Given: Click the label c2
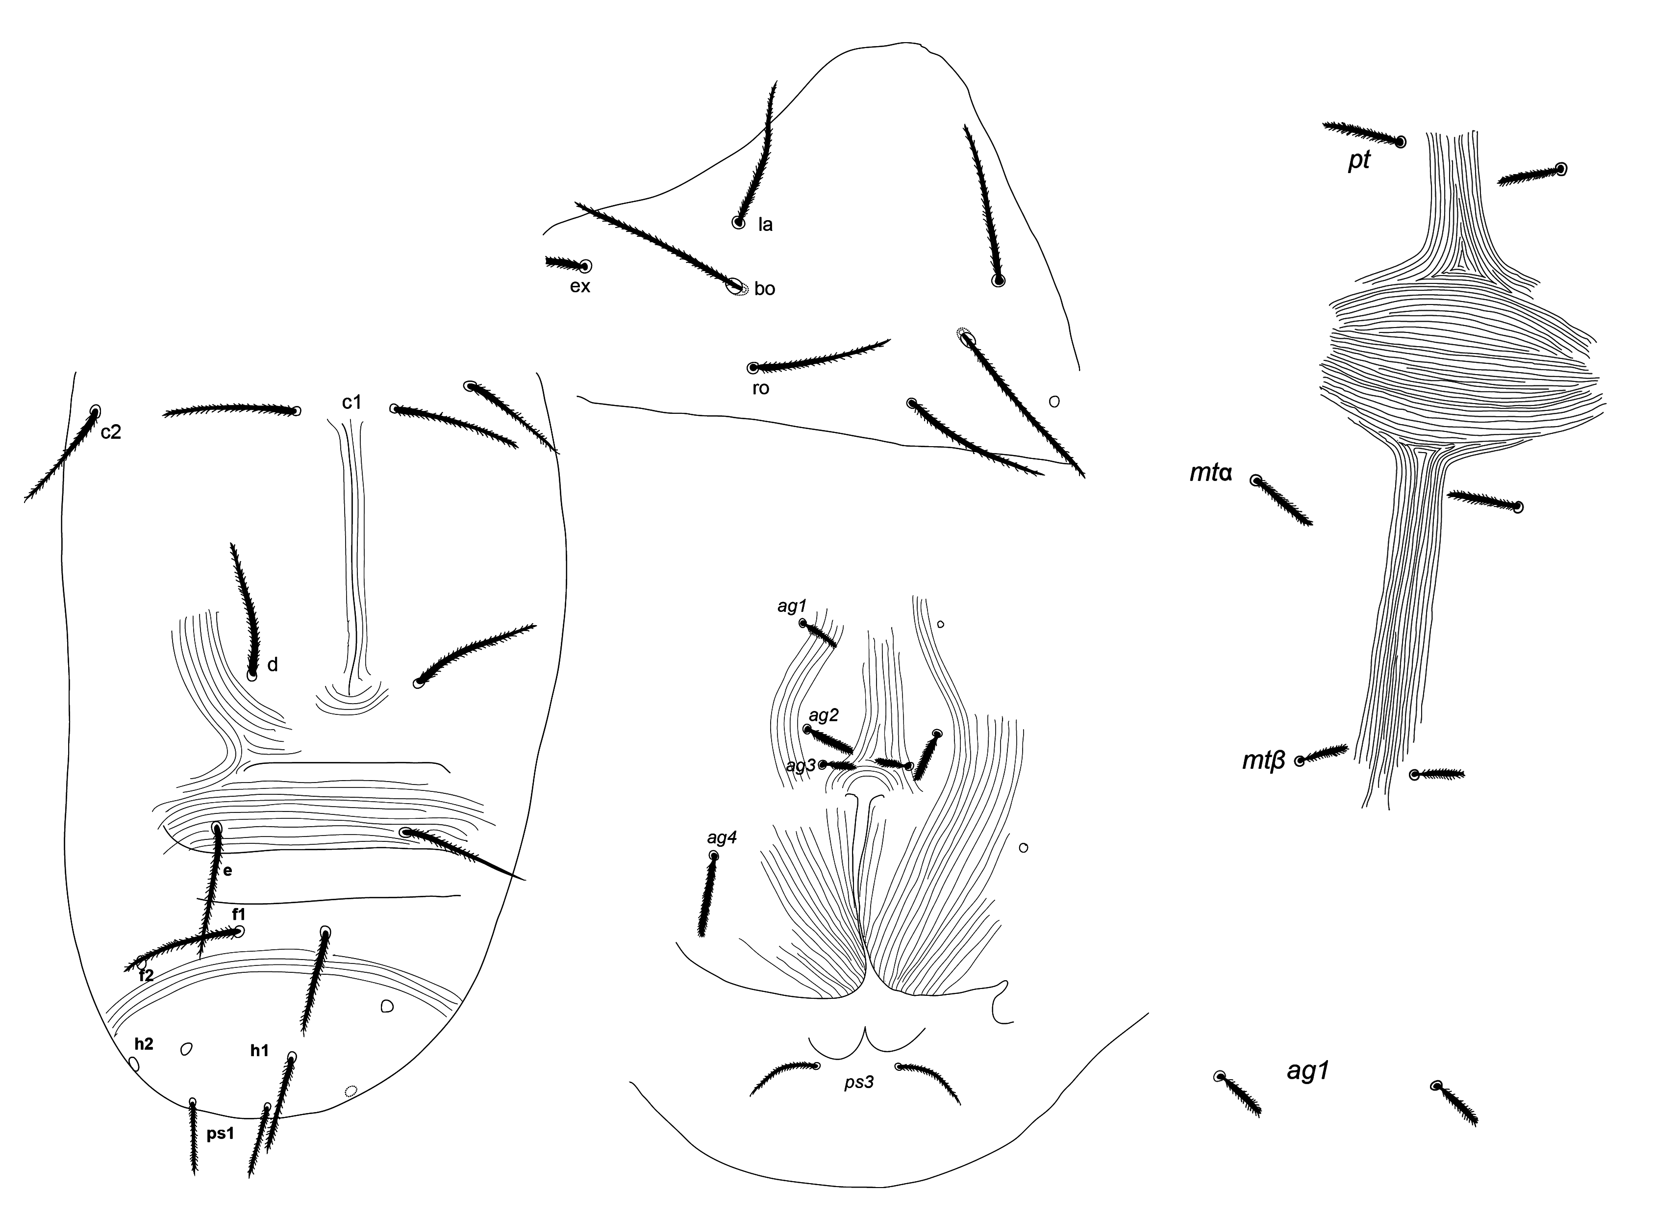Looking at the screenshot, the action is pyautogui.click(x=111, y=432).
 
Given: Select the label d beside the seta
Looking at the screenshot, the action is pyautogui.click(x=273, y=664).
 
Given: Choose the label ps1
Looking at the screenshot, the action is pyautogui.click(x=221, y=1133).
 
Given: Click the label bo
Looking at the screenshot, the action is pyautogui.click(x=765, y=289).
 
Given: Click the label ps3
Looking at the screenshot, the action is pyautogui.click(x=859, y=1083).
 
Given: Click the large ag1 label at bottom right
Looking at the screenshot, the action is pyautogui.click(x=1308, y=1071).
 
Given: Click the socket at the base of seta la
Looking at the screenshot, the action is pyautogui.click(x=738, y=222).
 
